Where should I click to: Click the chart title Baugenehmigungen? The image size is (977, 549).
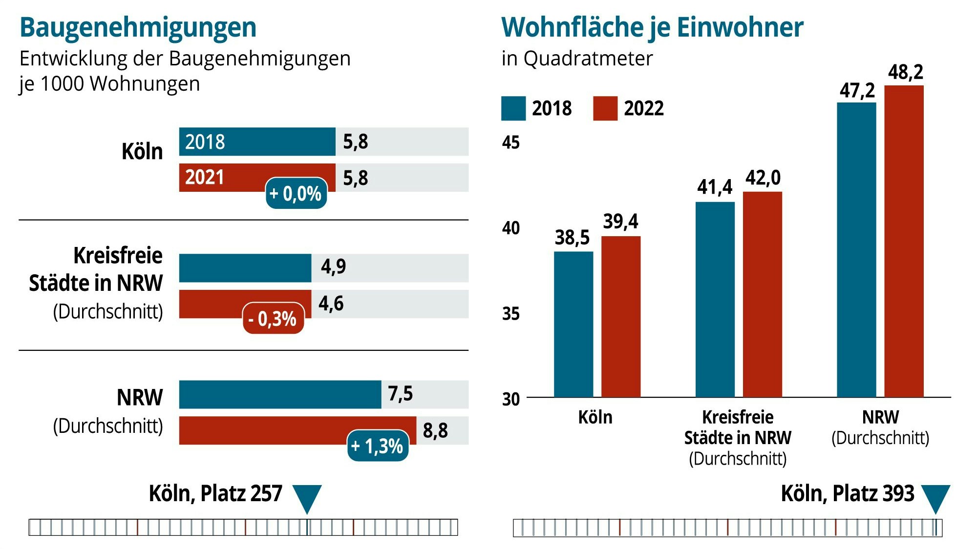[138, 27]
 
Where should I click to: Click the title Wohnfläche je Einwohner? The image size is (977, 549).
[652, 27]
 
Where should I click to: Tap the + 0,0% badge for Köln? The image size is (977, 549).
[296, 194]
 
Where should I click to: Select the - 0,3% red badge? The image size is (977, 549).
[273, 319]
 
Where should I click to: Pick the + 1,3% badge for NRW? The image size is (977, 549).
[378, 446]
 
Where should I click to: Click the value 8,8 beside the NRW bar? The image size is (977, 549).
[435, 430]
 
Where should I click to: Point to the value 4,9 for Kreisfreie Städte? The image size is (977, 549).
[334, 266]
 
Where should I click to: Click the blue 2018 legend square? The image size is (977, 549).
[513, 108]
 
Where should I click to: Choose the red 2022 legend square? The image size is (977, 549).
[605, 108]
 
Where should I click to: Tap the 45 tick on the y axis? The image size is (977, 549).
[511, 142]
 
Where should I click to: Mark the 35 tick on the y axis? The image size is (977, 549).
[511, 314]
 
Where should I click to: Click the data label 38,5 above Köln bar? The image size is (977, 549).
[572, 238]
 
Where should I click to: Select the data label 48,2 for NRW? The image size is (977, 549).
[906, 72]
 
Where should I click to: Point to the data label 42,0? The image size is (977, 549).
[763, 178]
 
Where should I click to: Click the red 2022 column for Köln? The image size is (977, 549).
[621, 317]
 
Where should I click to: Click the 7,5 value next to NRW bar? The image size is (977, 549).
[401, 393]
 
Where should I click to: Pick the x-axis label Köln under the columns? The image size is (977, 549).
[595, 418]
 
